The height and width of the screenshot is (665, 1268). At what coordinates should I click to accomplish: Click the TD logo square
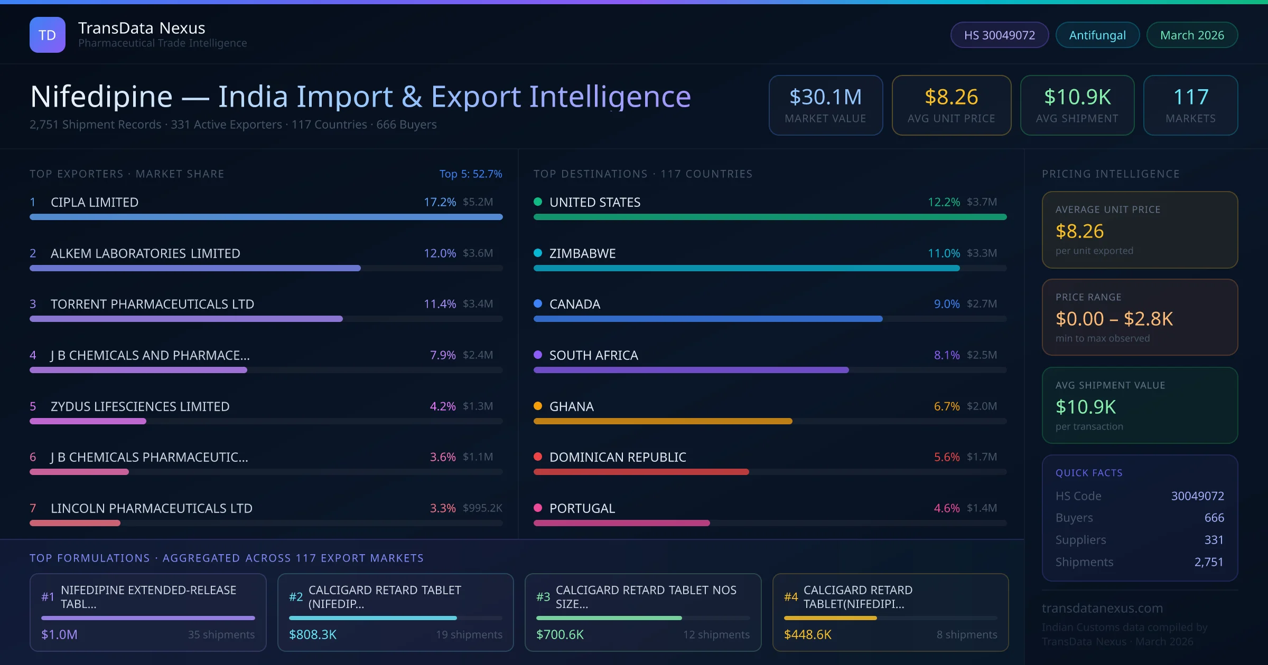pos(48,35)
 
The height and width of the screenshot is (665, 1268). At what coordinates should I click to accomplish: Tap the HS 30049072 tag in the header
pos(999,35)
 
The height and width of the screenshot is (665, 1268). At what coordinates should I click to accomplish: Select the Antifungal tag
pos(1097,35)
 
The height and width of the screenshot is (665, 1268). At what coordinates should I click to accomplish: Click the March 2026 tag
pos(1192,35)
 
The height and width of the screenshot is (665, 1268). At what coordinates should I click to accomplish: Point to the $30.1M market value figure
pos(825,97)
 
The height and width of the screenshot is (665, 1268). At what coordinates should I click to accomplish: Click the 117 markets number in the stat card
pos(1190,97)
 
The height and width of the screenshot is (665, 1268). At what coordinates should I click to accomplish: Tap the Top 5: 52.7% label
pos(470,174)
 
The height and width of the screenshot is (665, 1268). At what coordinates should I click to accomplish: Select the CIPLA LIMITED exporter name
pos(95,202)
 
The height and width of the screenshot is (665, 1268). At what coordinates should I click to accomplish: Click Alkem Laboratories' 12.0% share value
pos(440,253)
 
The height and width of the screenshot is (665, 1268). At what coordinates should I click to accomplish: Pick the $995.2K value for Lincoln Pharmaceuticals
pos(482,508)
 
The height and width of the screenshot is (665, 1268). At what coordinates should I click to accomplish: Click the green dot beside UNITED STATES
pos(538,202)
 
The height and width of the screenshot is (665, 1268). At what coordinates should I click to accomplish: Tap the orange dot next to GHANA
pos(538,406)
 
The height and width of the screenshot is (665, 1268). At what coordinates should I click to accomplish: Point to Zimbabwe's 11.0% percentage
pos(944,253)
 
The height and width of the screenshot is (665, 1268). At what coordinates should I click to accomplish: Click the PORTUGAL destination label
pos(582,508)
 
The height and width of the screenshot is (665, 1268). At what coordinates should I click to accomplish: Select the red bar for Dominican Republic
pos(641,472)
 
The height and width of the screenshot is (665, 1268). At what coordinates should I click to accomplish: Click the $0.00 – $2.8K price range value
pos(1114,319)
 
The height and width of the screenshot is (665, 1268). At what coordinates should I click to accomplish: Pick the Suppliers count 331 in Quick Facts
pos(1214,540)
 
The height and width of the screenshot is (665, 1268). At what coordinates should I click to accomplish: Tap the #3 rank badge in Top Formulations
pos(543,597)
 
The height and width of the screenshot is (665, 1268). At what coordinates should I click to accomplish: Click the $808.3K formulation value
pos(313,634)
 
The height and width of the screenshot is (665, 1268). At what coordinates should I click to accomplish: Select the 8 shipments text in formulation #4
pos(967,634)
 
